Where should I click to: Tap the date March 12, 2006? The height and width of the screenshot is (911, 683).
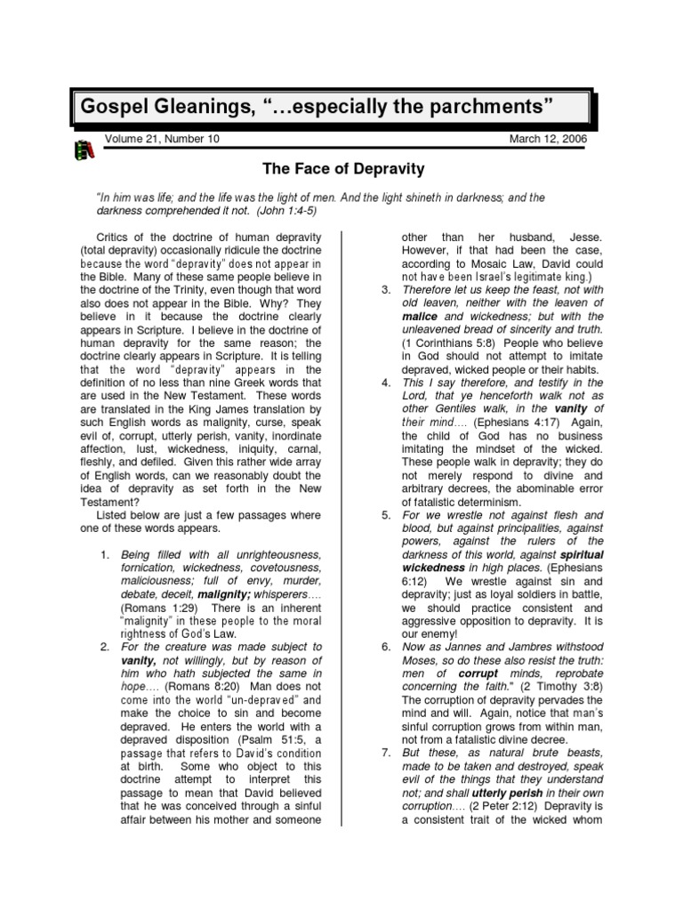548,141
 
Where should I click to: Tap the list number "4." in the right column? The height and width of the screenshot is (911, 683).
385,383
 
